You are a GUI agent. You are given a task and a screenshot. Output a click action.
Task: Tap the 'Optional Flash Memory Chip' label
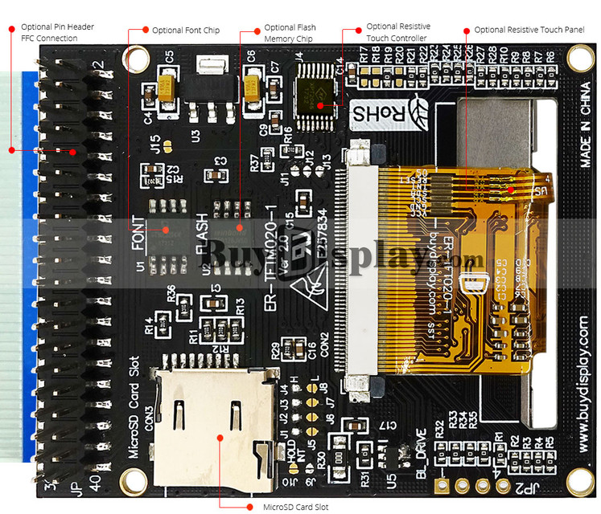pyautogui.click(x=290, y=32)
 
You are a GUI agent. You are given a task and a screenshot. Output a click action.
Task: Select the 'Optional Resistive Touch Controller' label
pyautogui.click(x=397, y=32)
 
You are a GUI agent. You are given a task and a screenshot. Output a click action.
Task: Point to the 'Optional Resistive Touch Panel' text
pyautogui.click(x=529, y=30)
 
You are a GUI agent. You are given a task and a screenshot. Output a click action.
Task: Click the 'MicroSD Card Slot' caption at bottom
pyautogui.click(x=296, y=507)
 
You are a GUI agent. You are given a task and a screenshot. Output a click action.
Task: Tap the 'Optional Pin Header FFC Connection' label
pyautogui.click(x=57, y=32)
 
